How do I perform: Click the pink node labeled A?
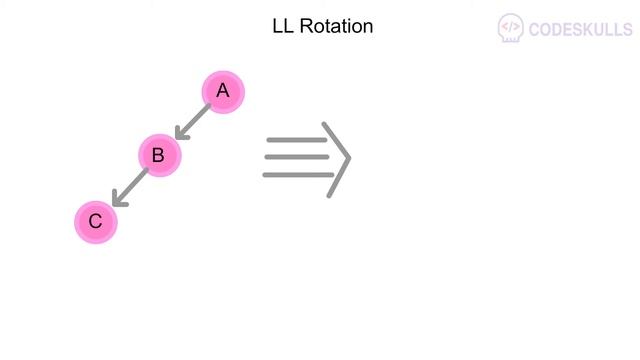[223, 92]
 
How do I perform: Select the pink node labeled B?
[158, 155]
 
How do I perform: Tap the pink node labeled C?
[96, 221]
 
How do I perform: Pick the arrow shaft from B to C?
[133, 184]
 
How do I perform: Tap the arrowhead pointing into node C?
[117, 200]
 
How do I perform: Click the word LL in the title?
[283, 26]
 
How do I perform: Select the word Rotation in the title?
[337, 26]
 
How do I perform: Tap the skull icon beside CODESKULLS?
[511, 28]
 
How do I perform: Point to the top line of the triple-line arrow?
[297, 141]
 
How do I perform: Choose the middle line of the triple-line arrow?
[297, 157]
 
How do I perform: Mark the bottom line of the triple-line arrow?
[297, 175]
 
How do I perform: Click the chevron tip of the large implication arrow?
[348, 158]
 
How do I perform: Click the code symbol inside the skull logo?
[511, 25]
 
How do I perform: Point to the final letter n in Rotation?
[368, 26]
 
